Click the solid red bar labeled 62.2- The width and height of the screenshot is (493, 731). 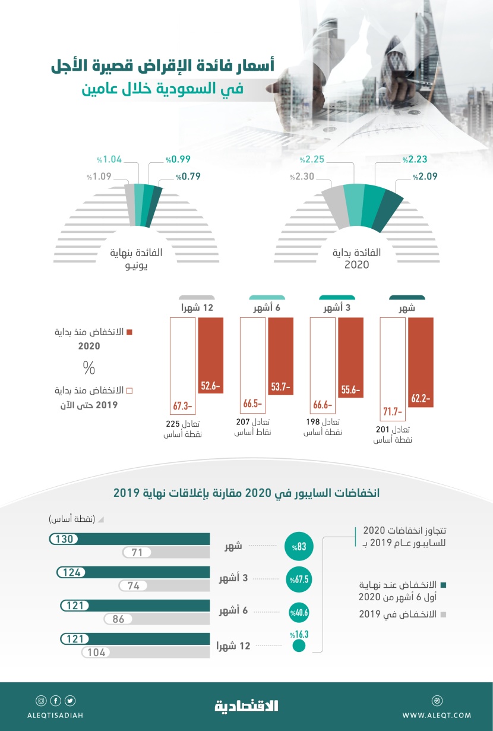click(421, 362)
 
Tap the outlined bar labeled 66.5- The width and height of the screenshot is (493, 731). click(252, 364)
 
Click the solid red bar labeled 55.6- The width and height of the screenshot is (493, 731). click(350, 357)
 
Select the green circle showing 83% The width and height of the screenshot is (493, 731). click(298, 546)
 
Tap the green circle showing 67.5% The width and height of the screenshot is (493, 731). click(299, 579)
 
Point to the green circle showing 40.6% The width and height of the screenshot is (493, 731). click(299, 612)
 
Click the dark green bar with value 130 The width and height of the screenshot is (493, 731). click(129, 539)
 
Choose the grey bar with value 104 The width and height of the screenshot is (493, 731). click(146, 652)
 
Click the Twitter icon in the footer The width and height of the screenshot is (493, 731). click(70, 700)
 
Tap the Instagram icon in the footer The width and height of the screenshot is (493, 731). click(41, 700)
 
